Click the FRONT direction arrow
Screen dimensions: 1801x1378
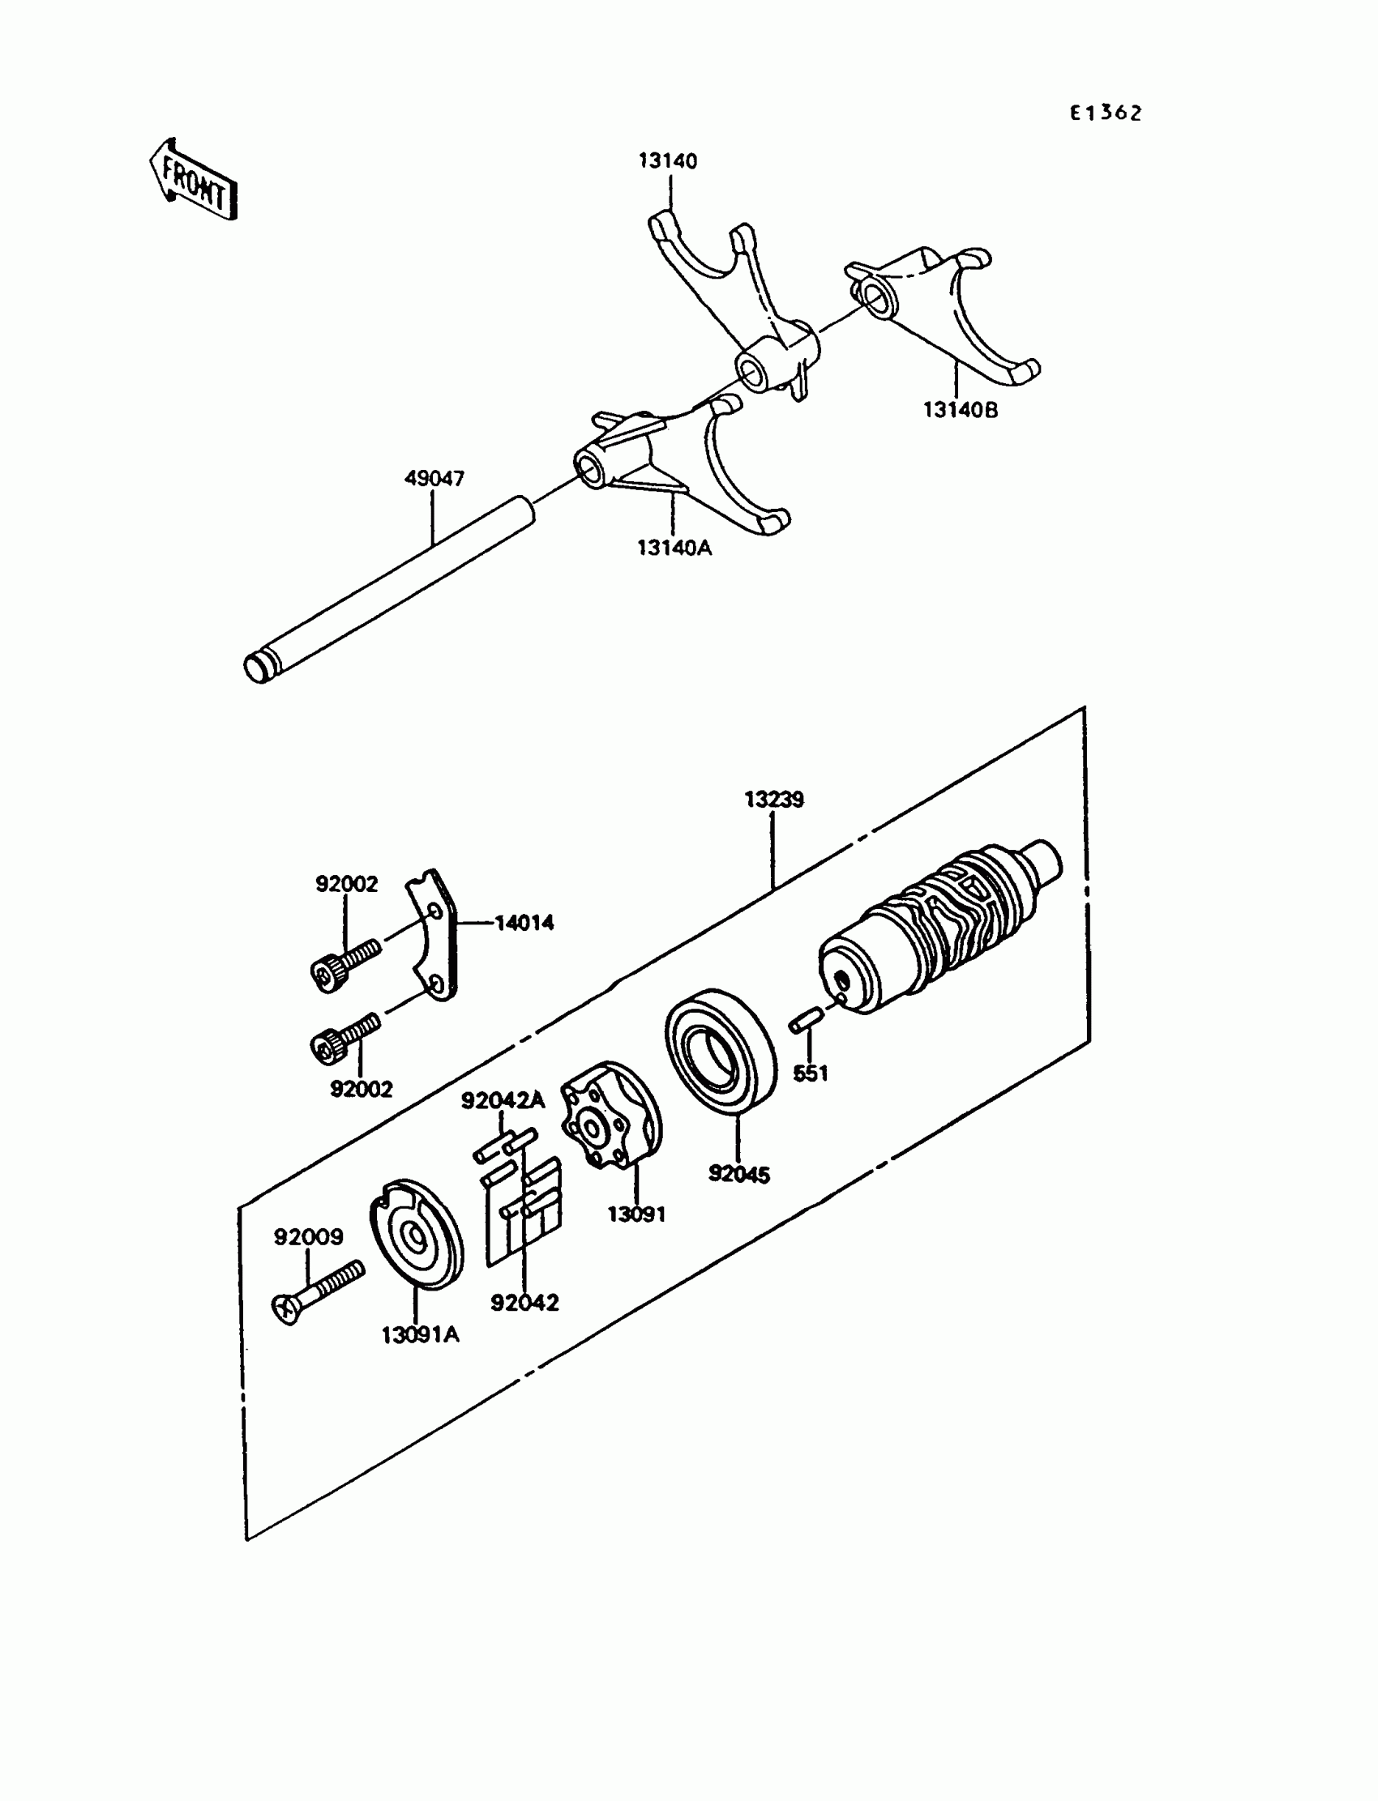194,181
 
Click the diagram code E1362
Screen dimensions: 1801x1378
1105,113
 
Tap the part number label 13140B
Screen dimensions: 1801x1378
961,410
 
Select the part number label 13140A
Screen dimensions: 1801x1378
674,548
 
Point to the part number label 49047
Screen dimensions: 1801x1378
434,478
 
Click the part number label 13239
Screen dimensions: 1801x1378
773,800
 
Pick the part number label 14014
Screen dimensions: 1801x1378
524,923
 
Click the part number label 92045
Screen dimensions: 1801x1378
739,1175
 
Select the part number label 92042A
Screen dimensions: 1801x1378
503,1101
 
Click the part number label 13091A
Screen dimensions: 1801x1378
420,1335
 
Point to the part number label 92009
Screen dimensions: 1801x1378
308,1237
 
